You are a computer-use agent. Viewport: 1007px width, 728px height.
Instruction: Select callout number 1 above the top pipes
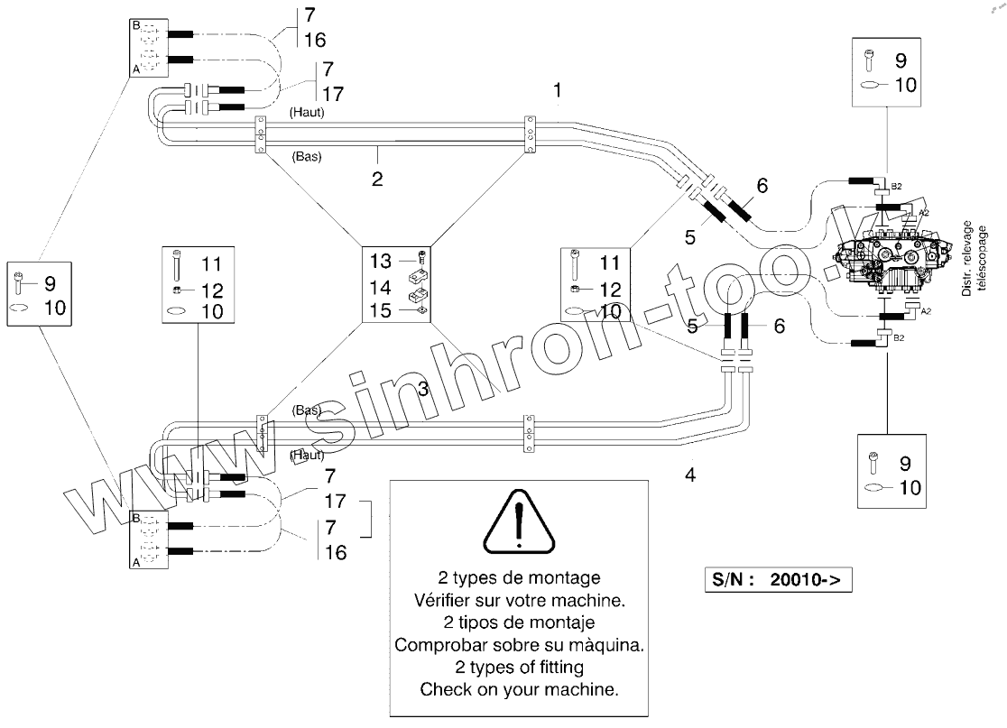(559, 90)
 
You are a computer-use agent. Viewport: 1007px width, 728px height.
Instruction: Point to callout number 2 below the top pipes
(377, 178)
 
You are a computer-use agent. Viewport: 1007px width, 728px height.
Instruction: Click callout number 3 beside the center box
(422, 389)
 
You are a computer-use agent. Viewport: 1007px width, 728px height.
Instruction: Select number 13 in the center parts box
(381, 261)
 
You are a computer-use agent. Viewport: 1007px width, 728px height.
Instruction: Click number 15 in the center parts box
(381, 310)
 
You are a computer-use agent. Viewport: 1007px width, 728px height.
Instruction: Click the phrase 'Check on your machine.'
(519, 690)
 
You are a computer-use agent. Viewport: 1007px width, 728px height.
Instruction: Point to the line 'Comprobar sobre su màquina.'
(519, 645)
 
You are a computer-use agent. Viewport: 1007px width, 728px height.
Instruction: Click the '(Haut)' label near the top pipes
(307, 113)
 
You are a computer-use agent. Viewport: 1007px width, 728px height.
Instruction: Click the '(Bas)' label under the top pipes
(308, 155)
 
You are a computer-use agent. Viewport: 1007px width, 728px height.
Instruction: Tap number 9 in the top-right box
(900, 61)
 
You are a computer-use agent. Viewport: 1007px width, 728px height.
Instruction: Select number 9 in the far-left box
(49, 282)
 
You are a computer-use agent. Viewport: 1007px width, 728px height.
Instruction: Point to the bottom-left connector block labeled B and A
(149, 539)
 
